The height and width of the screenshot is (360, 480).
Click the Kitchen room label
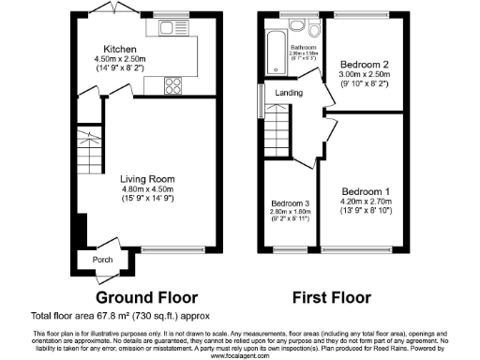[121, 49]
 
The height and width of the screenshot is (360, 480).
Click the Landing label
[289, 93]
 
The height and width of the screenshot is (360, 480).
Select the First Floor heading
[331, 297]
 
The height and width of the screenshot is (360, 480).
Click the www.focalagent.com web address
[240, 355]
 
